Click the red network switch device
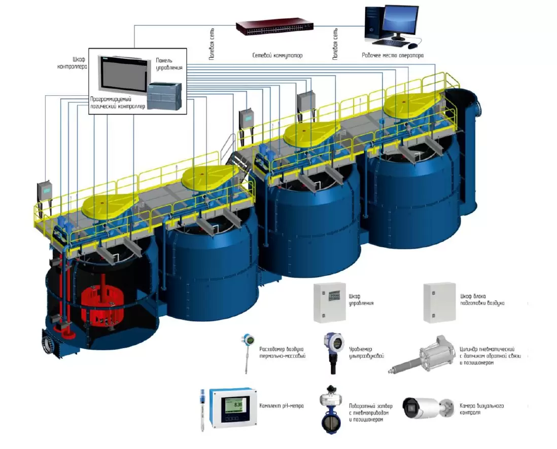click(x=275, y=27)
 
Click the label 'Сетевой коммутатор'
click(x=277, y=55)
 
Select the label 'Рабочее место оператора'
click(x=393, y=55)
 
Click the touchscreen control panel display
click(x=123, y=74)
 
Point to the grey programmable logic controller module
click(x=164, y=95)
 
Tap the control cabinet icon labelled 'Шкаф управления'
click(x=330, y=303)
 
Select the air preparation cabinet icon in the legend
click(x=439, y=303)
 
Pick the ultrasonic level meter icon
click(x=334, y=353)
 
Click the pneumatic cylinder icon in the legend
click(x=422, y=355)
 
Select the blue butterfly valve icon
click(x=331, y=409)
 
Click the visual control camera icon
click(x=428, y=408)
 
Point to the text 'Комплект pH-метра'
click(x=282, y=406)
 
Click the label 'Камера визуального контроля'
click(x=482, y=409)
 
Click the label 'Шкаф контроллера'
click(x=73, y=63)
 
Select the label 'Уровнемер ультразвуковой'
click(x=367, y=352)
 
